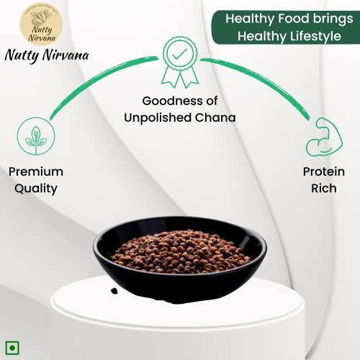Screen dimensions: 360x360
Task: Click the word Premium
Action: pos(36,173)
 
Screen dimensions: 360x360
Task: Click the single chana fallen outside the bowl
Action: pos(113,290)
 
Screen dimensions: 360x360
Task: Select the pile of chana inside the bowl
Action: pos(181,249)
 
